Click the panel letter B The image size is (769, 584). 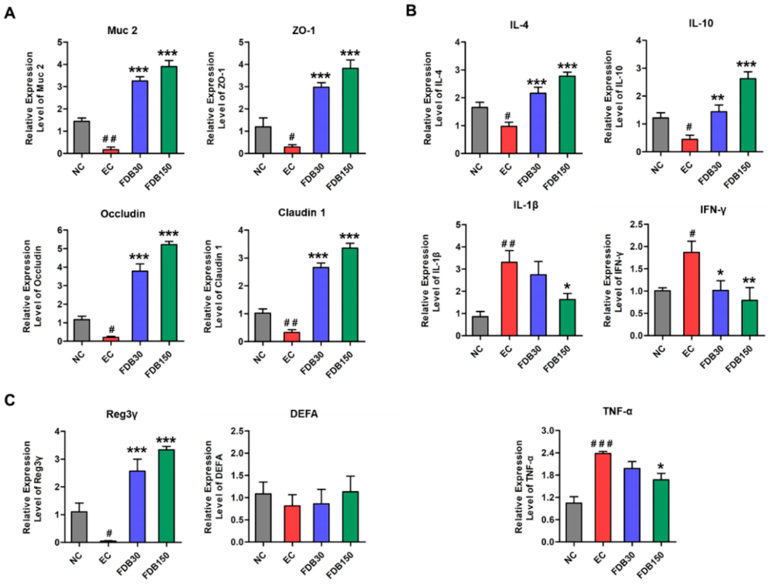tap(411, 11)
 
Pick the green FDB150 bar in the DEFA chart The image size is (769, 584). tap(350, 517)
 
